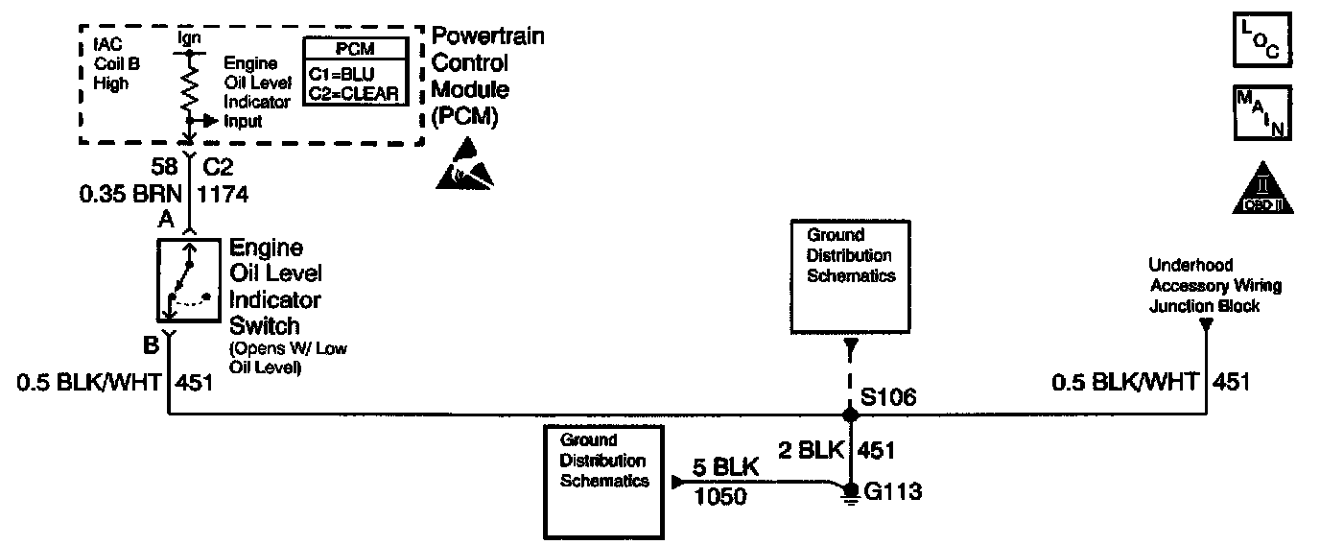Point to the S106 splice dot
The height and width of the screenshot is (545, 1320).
(850, 415)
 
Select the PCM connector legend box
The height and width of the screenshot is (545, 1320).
(353, 70)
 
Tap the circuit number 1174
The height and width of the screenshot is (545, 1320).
(223, 195)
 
